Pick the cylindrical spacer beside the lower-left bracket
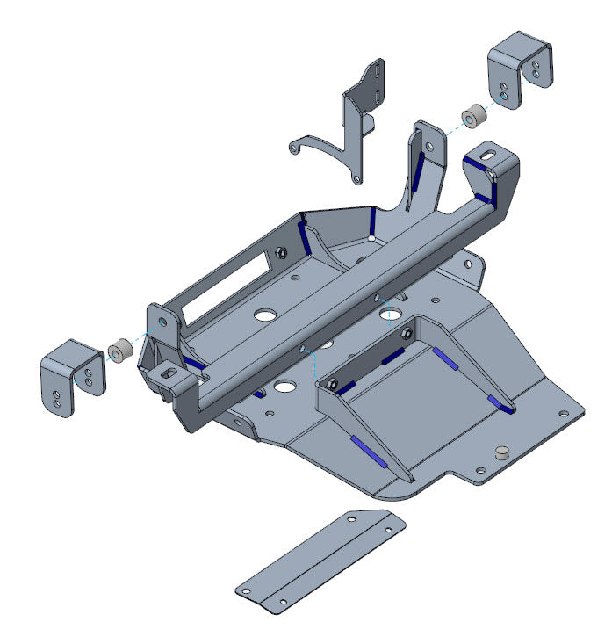tap(119, 351)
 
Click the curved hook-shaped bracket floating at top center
tap(351, 123)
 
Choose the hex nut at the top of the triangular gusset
tap(406, 333)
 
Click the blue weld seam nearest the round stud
tap(501, 403)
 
